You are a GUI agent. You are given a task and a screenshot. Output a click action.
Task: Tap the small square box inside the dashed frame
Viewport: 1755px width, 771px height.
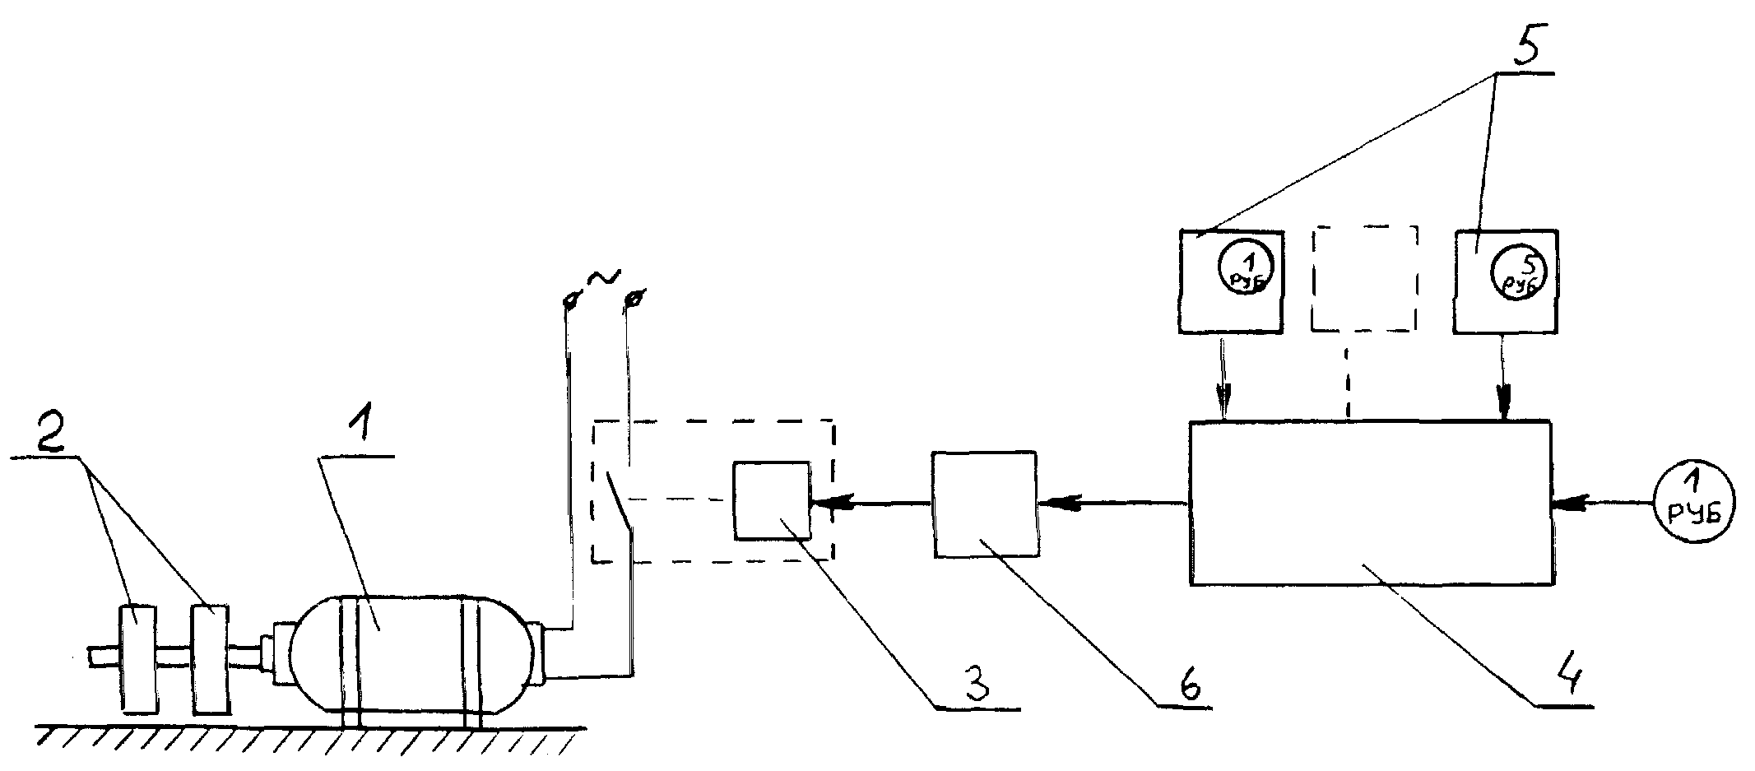[x=772, y=500]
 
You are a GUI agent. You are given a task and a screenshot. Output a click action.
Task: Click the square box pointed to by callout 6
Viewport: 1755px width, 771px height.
[x=984, y=504]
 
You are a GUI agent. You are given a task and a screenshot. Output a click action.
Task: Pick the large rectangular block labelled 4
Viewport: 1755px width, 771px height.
[x=1372, y=503]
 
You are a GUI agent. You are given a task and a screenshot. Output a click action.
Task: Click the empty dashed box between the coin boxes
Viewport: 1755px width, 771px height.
[x=1364, y=279]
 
